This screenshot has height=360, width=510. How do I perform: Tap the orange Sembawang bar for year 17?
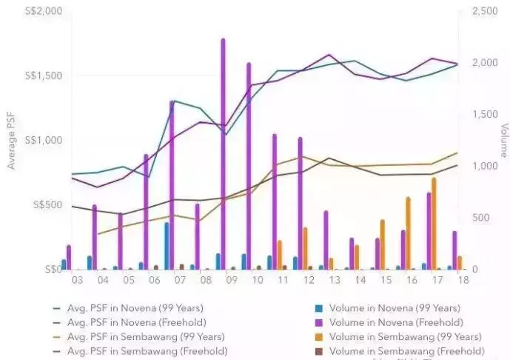[x=434, y=223]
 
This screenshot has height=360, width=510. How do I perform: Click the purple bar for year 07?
[x=172, y=185]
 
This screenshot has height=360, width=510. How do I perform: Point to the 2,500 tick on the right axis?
[x=474, y=11]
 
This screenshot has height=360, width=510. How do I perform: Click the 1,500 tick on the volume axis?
[x=474, y=114]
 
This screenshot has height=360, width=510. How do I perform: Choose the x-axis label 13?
[x=334, y=281]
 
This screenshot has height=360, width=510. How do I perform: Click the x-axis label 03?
[x=76, y=281]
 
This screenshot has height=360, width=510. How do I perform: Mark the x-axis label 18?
[x=462, y=281]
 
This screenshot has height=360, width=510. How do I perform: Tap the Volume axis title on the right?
[x=503, y=141]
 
